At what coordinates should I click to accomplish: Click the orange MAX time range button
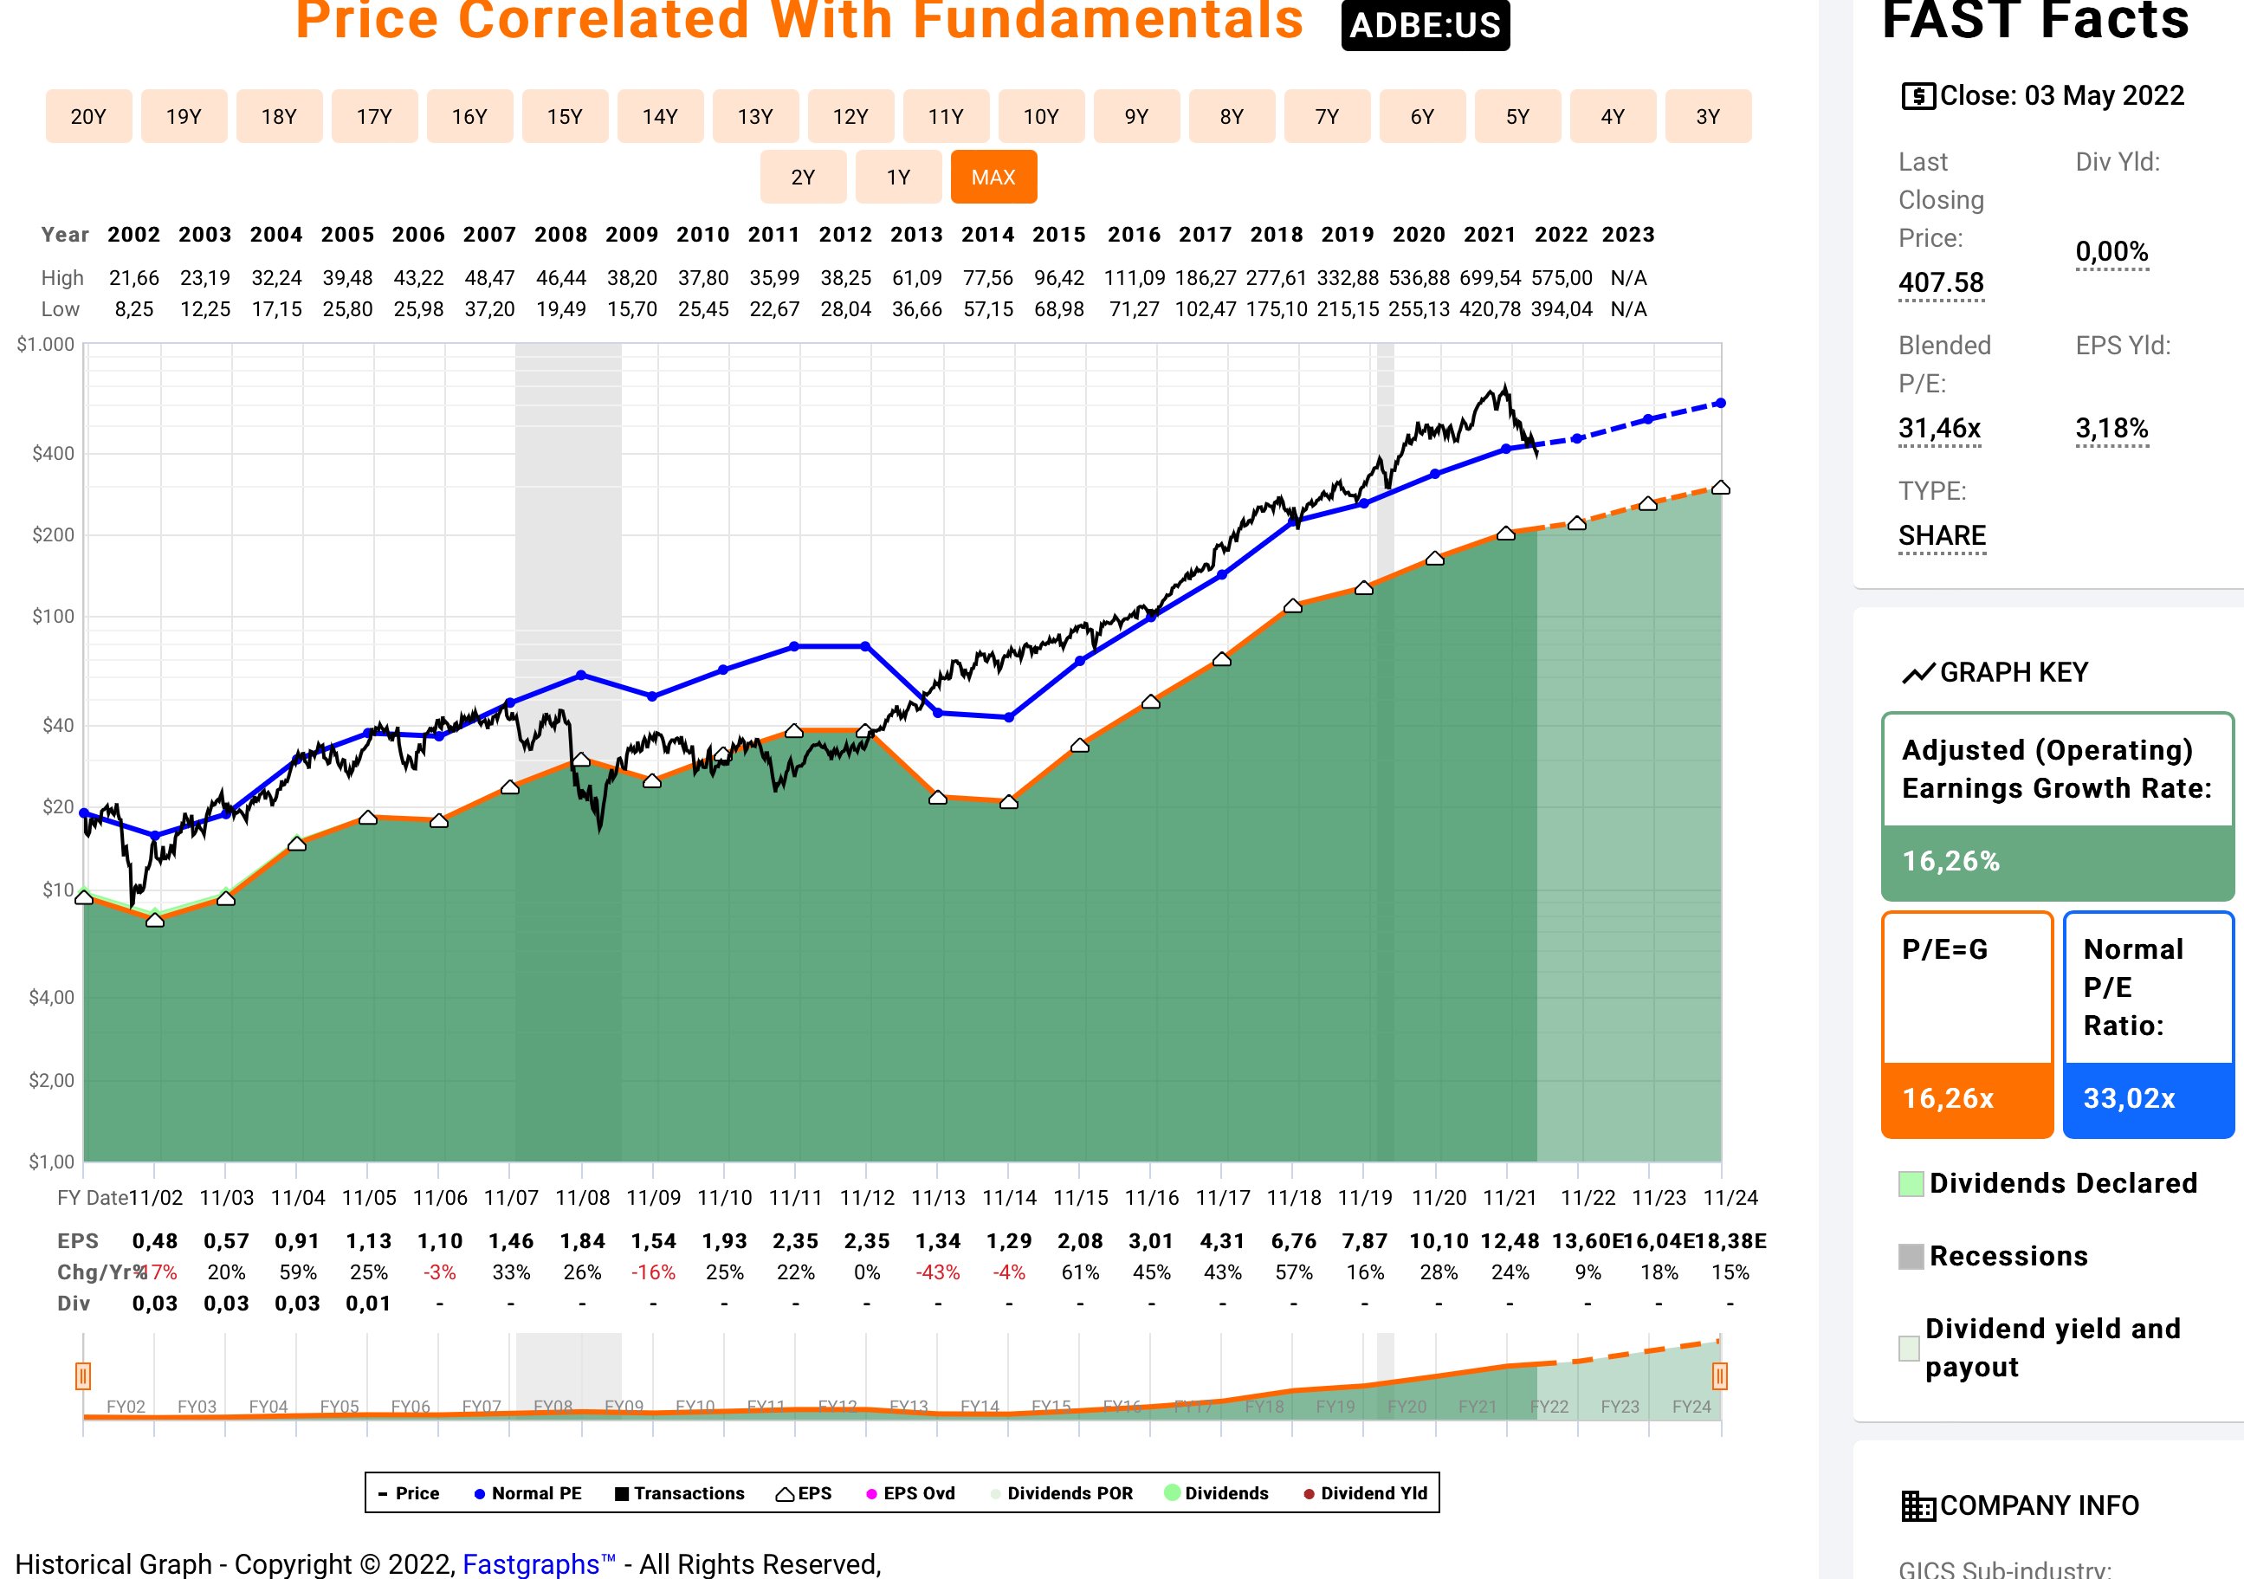[993, 177]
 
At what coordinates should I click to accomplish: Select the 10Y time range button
[1041, 116]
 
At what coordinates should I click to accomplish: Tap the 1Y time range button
[897, 177]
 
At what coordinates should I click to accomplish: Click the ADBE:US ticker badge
[1424, 24]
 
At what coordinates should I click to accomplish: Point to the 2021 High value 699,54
[1490, 278]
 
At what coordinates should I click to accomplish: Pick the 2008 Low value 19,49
[561, 309]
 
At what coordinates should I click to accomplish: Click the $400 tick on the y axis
[53, 453]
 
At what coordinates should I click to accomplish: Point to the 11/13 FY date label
[937, 1198]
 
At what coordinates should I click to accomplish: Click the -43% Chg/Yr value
[937, 1272]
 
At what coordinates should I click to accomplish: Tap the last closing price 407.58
[1940, 282]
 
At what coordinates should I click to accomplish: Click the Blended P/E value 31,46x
[1939, 428]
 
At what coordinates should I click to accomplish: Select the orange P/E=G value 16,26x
[1947, 1098]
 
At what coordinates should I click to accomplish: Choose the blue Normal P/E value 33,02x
[2129, 1098]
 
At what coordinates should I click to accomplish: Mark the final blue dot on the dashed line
[1720, 403]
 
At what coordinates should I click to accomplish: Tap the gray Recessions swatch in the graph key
[1910, 1256]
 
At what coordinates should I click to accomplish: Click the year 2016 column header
[1134, 235]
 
